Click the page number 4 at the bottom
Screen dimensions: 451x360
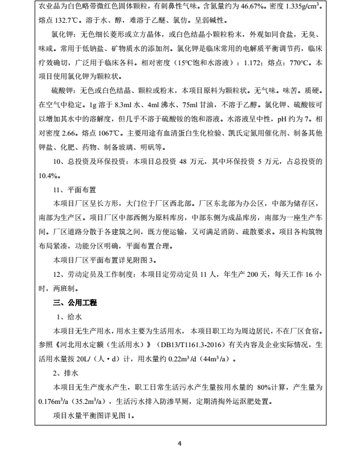[x=179, y=443]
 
